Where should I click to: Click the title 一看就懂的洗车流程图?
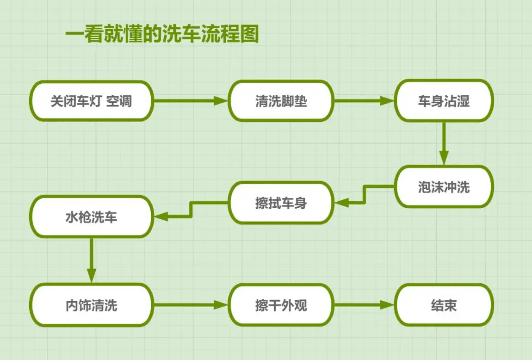click(161, 35)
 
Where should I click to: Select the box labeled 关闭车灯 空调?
click(91, 101)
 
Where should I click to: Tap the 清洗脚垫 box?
click(281, 101)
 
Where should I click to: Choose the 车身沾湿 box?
click(444, 101)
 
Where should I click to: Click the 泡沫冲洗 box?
click(444, 186)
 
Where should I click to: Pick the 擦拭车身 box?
click(281, 202)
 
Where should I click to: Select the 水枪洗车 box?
click(91, 217)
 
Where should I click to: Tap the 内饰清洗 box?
click(91, 305)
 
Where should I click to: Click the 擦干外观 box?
click(281, 305)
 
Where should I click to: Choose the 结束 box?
click(444, 305)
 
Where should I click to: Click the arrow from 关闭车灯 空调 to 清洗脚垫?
click(190, 101)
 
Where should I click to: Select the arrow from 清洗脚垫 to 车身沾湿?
click(363, 101)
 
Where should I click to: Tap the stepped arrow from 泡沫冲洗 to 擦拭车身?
click(365, 194)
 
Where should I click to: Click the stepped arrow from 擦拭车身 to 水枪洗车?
click(191, 209)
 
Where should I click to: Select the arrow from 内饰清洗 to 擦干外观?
click(190, 305)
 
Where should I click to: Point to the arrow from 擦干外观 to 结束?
click(363, 305)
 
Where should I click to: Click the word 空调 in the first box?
click(119, 101)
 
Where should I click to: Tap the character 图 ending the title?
click(249, 35)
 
